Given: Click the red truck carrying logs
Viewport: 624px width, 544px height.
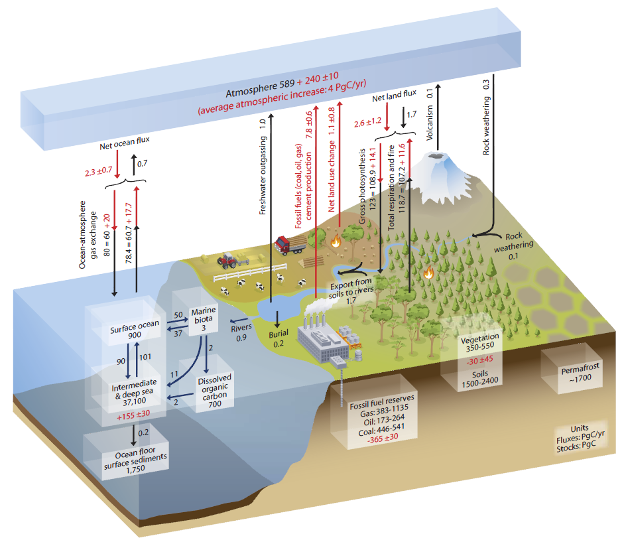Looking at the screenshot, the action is (290, 245).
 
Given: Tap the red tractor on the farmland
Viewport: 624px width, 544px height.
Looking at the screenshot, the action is (228, 260).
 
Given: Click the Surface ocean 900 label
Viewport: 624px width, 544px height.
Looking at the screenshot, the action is (135, 329).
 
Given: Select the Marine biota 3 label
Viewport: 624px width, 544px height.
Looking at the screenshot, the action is (204, 319).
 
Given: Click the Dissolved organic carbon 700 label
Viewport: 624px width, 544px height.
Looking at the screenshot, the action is (214, 391).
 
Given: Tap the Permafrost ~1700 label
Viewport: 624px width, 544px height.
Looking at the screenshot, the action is (580, 374).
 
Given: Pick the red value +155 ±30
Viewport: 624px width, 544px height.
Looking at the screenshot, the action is (133, 415).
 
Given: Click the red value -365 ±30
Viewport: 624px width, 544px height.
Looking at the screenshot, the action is (383, 439).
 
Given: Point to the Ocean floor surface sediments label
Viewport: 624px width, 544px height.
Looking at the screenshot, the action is (135, 460).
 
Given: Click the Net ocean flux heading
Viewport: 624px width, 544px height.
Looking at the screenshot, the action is (125, 143).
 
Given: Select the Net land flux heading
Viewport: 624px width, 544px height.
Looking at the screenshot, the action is (394, 96).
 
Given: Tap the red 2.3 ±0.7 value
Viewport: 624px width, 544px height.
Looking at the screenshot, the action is (98, 171).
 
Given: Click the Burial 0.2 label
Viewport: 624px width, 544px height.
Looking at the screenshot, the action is (278, 338).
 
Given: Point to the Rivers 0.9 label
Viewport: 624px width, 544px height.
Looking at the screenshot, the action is (241, 332).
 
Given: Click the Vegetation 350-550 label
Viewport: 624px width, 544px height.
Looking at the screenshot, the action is (479, 343).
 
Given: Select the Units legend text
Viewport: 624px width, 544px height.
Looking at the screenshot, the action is (580, 439).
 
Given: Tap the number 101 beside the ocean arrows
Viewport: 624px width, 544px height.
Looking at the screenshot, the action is (145, 357).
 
